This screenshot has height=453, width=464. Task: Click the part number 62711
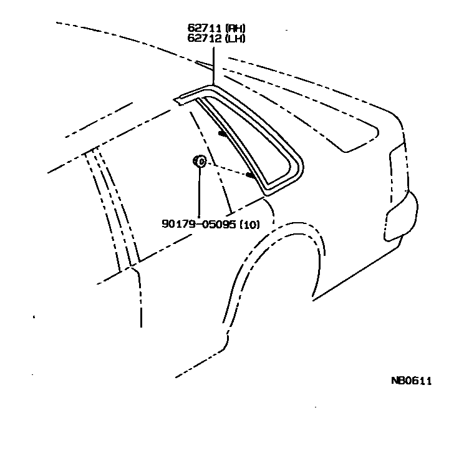[201, 29]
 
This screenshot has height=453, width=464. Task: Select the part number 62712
[201, 38]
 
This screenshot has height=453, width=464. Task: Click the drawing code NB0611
[411, 381]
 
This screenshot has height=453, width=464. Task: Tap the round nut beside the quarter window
[200, 162]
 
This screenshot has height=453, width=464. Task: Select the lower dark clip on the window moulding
[251, 177]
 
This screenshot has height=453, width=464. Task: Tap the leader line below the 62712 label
[213, 62]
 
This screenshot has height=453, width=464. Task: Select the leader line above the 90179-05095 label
[199, 193]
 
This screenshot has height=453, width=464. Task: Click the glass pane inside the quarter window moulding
[246, 140]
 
